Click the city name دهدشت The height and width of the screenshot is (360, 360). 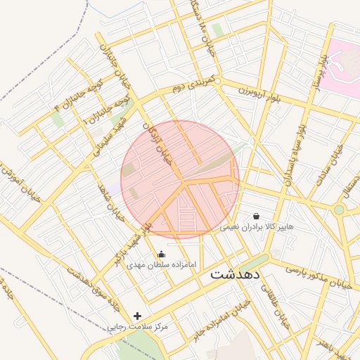(x=236, y=274)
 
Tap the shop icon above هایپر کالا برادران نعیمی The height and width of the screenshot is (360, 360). (x=256, y=216)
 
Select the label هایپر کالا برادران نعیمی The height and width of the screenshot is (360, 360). (x=257, y=227)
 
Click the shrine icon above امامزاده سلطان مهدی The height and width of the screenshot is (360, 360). (x=162, y=255)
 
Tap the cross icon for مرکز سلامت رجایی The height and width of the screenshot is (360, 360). (x=137, y=316)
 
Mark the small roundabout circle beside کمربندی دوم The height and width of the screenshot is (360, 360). (x=218, y=82)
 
